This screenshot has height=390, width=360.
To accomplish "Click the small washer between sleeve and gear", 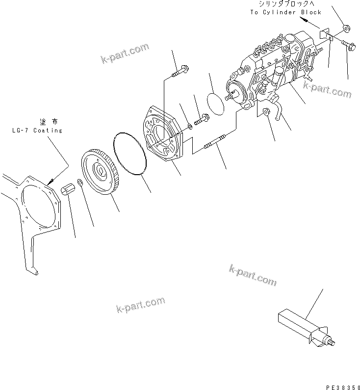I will pyautogui.click(x=81, y=184).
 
